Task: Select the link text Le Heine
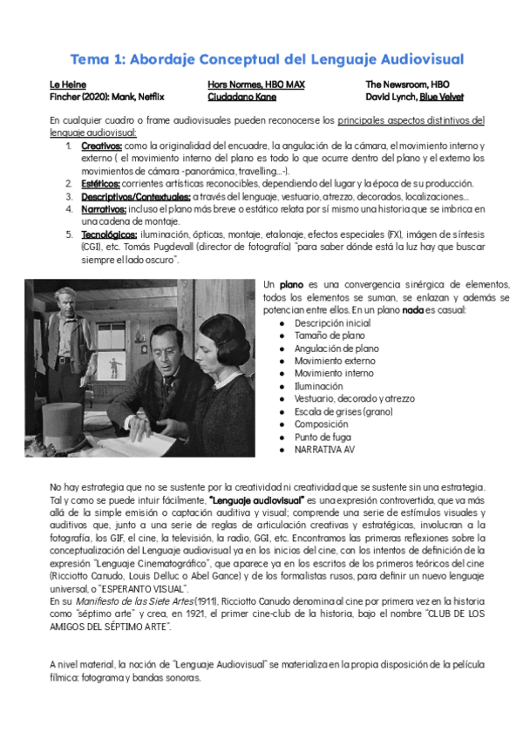point(67,85)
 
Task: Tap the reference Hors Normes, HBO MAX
point(255,85)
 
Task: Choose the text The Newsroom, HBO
point(407,85)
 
